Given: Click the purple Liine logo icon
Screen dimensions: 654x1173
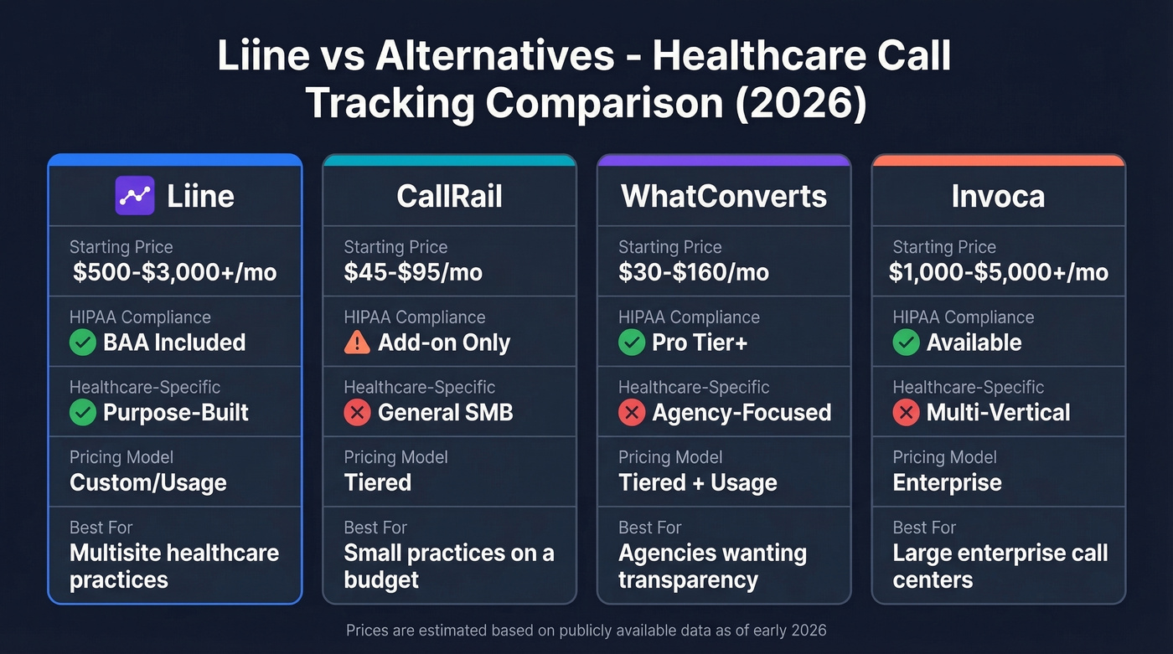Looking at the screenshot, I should (x=134, y=196).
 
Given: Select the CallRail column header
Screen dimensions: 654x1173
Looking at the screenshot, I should (x=449, y=196).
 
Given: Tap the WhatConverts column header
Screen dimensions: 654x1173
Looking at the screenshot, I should (x=724, y=196).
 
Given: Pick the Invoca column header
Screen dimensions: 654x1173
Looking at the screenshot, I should (x=998, y=196).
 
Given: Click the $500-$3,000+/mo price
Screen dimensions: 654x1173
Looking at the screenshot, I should (x=174, y=272).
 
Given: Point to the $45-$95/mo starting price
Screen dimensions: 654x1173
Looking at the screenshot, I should (x=413, y=272).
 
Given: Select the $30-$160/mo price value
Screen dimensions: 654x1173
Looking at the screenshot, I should (x=693, y=272).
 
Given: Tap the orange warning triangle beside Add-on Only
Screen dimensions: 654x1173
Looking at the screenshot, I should (x=357, y=342).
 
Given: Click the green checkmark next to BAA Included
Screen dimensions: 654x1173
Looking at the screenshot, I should (x=83, y=342).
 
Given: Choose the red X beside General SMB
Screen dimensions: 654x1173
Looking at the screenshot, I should (x=357, y=413).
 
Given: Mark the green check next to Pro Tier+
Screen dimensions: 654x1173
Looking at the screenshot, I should (x=632, y=342).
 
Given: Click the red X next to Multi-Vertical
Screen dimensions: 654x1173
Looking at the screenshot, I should (x=906, y=413).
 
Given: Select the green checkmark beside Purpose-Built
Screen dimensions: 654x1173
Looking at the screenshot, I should (x=83, y=413).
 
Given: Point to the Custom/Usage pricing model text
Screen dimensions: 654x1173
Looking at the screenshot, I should (x=148, y=482).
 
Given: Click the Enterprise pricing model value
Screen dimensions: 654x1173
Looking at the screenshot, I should (x=947, y=482).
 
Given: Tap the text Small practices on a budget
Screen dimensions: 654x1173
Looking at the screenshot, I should (x=448, y=566).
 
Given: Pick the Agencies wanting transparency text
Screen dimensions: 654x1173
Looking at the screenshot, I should (x=712, y=566).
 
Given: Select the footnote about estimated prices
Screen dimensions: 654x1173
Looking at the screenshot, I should (x=586, y=631).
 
